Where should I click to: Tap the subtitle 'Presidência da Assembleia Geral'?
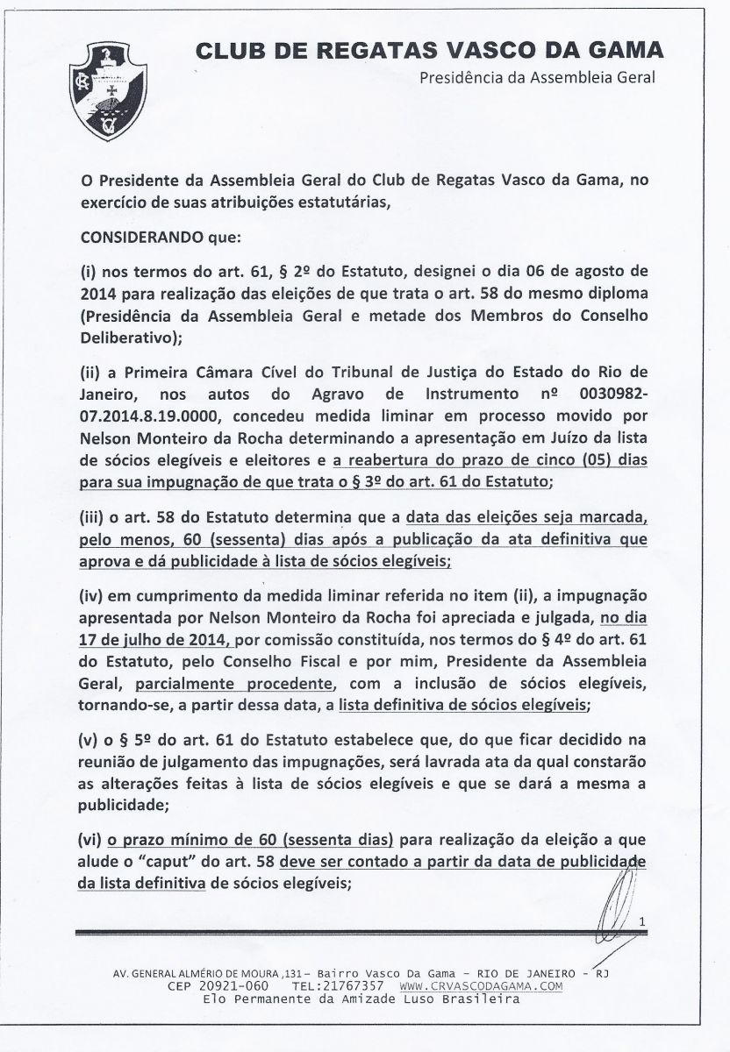point(538,77)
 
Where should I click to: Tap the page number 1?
point(642,921)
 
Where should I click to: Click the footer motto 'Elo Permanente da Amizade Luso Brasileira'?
point(361,999)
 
